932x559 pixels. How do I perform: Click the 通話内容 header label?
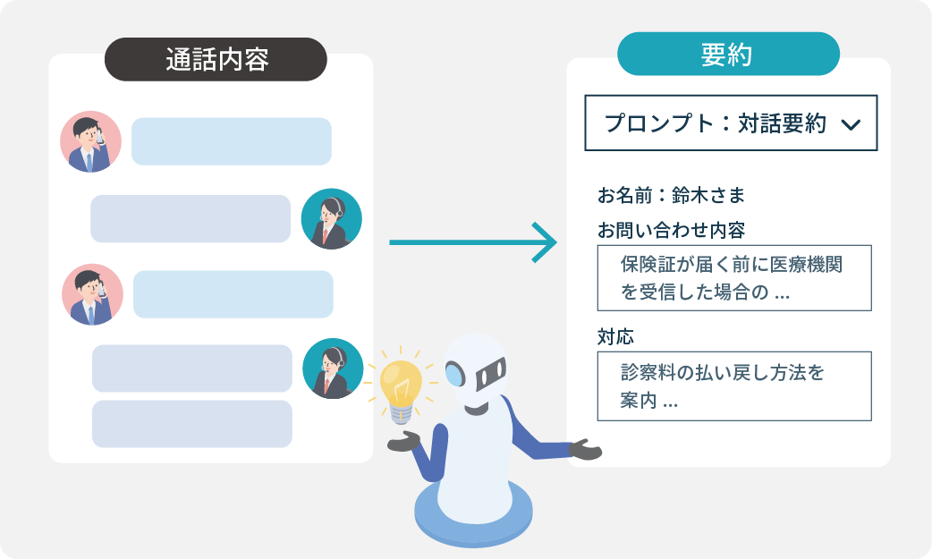point(216,60)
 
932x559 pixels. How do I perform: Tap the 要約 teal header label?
point(727,55)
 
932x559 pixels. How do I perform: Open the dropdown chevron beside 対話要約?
point(851,124)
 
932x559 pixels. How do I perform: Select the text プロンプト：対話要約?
point(715,123)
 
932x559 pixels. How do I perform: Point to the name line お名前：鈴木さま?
point(671,194)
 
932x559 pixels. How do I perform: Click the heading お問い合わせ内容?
point(671,230)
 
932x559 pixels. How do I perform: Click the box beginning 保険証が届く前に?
point(733,278)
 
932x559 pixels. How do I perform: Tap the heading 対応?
point(615,337)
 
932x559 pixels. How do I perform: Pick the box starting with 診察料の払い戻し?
point(733,386)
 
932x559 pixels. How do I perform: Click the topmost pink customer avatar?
point(90,141)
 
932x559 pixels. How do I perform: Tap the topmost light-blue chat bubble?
point(232,141)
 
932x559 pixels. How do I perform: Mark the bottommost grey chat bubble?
point(191,424)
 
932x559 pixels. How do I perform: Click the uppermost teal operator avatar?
point(331,219)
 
